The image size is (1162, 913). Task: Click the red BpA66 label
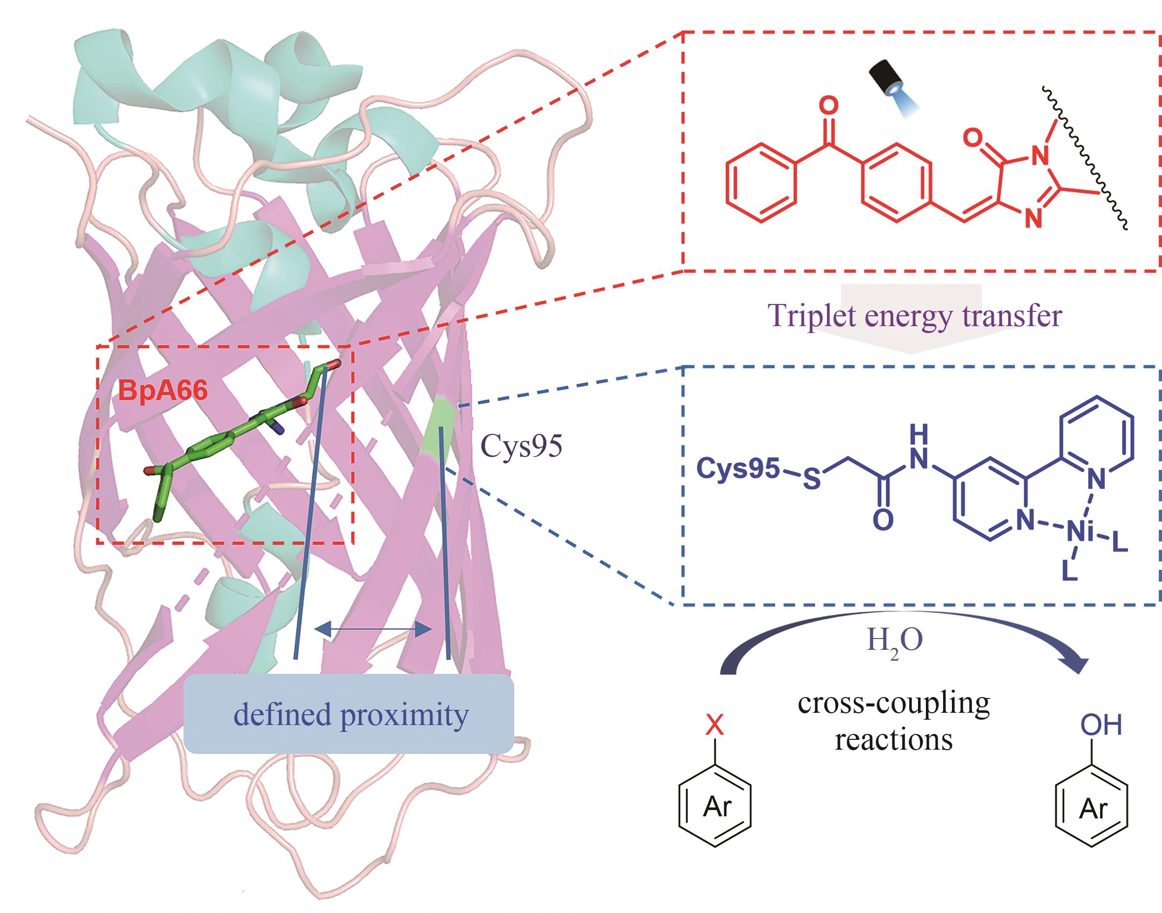(162, 390)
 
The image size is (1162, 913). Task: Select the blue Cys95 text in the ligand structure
(737, 469)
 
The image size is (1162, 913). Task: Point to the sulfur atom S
(812, 480)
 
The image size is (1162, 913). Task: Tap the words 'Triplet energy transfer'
(915, 315)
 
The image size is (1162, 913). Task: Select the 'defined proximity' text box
(348, 714)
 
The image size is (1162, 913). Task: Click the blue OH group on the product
(1101, 726)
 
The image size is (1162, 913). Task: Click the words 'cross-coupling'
(894, 703)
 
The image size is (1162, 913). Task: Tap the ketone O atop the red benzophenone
(828, 106)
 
